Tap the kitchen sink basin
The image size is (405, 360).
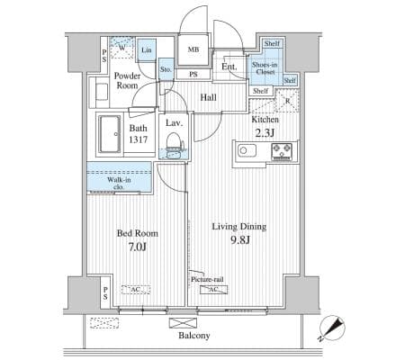(x=247, y=150)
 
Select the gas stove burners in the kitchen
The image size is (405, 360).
(x=282, y=151)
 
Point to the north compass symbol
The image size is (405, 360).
(x=332, y=328)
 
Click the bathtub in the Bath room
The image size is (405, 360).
(x=110, y=134)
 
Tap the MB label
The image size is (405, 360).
(x=193, y=49)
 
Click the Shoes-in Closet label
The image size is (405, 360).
(x=265, y=68)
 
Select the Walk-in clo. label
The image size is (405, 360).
(x=119, y=183)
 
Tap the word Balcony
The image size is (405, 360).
(x=194, y=335)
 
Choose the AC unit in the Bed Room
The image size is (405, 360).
(x=136, y=290)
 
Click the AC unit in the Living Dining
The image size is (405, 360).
(x=214, y=290)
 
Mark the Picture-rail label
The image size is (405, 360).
(x=207, y=279)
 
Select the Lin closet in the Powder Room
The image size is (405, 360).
(x=147, y=50)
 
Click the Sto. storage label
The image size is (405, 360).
(x=166, y=69)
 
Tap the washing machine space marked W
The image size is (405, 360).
(x=121, y=48)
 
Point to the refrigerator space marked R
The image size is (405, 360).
(x=287, y=101)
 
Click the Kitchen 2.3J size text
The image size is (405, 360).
(x=265, y=132)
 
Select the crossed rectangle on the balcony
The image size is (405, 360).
(x=183, y=323)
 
